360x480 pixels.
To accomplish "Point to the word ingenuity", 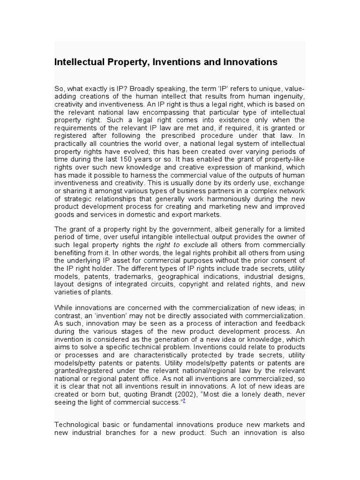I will pos(287,97).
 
